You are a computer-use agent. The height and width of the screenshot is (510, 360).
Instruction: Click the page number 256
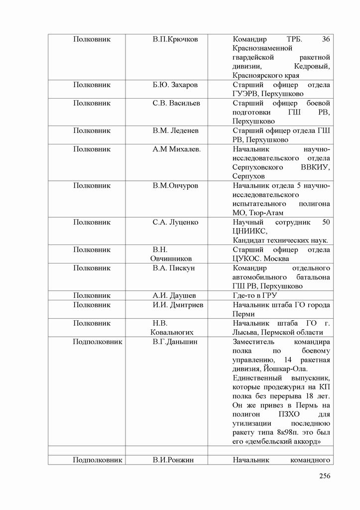pyautogui.click(x=325, y=476)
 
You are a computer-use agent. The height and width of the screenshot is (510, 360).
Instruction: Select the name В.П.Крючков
pyautogui.click(x=175, y=39)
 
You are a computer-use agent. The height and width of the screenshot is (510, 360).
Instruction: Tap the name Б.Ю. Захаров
pyautogui.click(x=175, y=85)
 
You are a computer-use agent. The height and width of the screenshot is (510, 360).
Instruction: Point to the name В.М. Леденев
pyautogui.click(x=175, y=130)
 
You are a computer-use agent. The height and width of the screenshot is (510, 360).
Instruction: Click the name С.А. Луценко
pyautogui.click(x=175, y=222)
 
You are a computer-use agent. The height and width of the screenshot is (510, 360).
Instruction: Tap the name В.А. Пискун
pyautogui.click(x=173, y=268)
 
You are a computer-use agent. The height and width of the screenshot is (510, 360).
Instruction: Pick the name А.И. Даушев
pyautogui.click(x=174, y=295)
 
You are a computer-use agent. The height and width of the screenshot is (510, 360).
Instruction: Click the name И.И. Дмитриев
pyautogui.click(x=178, y=305)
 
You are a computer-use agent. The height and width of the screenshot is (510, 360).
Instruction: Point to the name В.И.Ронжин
pyautogui.click(x=174, y=460)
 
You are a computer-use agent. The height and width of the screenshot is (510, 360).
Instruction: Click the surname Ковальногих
pyautogui.click(x=172, y=332)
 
